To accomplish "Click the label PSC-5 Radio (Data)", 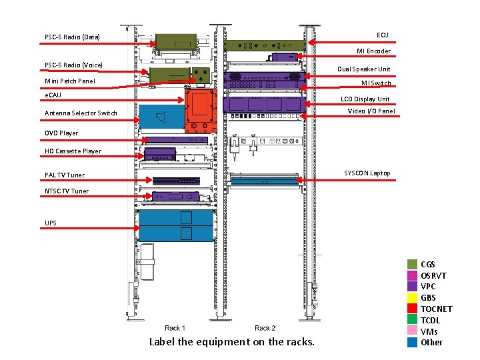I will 72,37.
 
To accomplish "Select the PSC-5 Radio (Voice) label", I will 73,65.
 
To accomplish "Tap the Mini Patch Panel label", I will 69,81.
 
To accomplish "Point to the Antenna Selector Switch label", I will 81,113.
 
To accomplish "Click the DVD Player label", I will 61,133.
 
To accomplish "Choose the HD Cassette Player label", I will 73,151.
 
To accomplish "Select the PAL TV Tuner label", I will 65,175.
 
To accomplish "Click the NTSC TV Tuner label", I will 67,191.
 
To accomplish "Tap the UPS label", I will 51,223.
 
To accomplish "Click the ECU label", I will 382,35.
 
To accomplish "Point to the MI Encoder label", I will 373,51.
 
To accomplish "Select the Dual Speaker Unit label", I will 363,69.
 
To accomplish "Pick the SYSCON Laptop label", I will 367,173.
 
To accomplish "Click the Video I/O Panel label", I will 371,111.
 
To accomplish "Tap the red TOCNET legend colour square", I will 413,309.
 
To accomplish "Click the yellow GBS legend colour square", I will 413,297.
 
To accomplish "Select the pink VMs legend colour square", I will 413,331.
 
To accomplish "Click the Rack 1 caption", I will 175,328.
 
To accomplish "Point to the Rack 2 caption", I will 265,328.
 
